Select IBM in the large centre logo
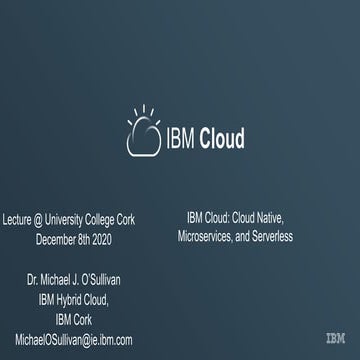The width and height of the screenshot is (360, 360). coord(181,139)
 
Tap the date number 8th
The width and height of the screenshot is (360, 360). coord(95,239)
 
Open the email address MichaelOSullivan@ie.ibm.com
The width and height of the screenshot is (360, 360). coord(74,341)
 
